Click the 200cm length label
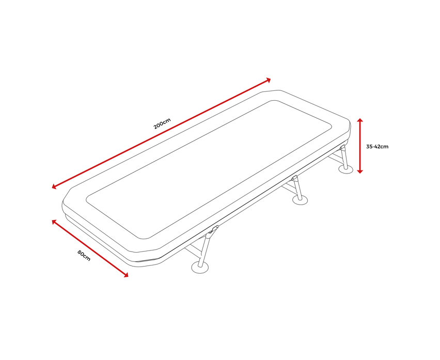162,123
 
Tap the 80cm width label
84,256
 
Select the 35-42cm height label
377,147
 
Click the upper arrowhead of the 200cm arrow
268,80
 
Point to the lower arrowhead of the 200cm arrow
54,186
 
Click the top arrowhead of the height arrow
360,120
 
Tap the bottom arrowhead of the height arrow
360,171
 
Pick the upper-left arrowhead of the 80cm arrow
54,222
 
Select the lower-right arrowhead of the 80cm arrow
125,275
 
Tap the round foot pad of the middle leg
300,200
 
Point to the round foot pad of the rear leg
345,169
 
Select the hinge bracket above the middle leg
294,177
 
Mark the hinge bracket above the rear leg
342,147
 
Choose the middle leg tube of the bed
298,189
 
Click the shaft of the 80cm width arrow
90,248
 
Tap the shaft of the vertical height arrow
360,146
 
